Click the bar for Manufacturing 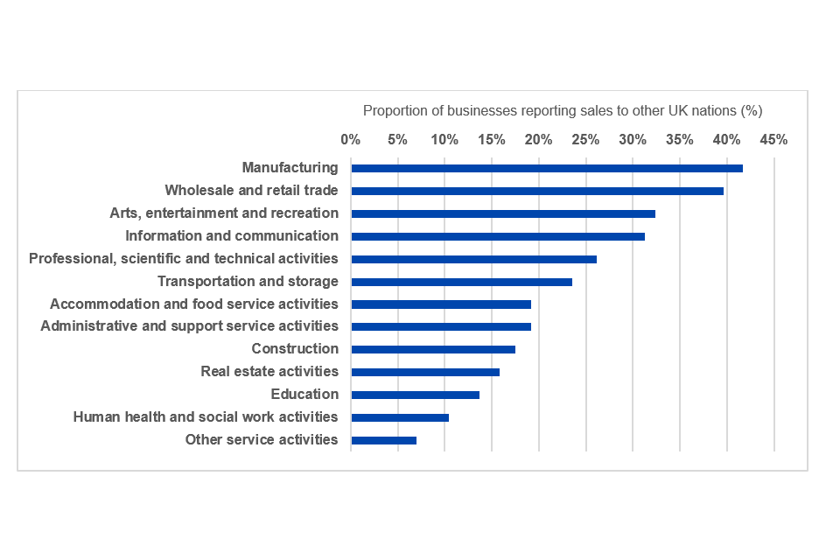547,168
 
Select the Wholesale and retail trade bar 537,191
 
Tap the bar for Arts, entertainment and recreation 503,213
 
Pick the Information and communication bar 498,236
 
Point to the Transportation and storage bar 461,282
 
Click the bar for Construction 433,349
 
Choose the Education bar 415,395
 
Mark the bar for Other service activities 383,440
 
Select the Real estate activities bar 425,372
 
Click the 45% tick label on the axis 773,140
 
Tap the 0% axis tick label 351,140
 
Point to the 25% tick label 585,140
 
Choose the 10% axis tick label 444,140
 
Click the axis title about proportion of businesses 563,111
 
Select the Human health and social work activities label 206,417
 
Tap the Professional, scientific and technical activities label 184,259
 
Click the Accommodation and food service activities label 194,304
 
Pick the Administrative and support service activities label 190,326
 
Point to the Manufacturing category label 290,168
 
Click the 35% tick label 680,140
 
